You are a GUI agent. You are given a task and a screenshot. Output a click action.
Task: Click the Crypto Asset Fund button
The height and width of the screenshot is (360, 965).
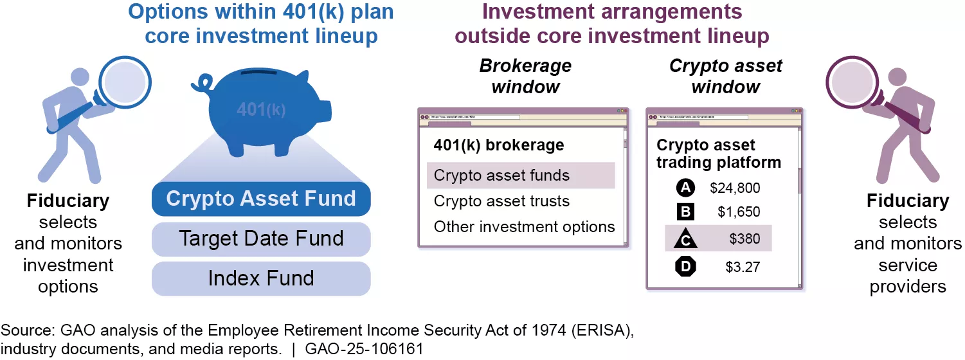coord(261,199)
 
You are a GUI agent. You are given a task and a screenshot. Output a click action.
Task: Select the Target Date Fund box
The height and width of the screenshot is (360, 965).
coord(261,239)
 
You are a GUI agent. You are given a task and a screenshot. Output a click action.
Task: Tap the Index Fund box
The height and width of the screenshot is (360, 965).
coord(261,278)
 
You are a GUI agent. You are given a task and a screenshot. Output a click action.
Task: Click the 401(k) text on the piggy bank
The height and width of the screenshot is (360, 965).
coord(261,110)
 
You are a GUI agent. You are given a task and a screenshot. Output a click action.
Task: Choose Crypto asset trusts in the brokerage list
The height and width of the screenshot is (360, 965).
coord(501,201)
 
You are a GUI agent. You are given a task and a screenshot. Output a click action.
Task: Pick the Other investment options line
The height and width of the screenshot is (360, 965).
coord(524,227)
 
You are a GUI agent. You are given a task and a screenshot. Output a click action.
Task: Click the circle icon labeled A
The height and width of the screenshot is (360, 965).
coord(686,188)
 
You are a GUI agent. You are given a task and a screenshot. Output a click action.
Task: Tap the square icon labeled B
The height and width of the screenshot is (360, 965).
coord(686,212)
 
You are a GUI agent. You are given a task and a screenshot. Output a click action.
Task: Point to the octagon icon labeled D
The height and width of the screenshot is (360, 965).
coord(686,265)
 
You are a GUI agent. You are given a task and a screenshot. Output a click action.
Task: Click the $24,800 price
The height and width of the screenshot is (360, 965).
coord(735,188)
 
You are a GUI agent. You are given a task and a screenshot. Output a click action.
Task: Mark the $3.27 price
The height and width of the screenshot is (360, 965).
coord(743,266)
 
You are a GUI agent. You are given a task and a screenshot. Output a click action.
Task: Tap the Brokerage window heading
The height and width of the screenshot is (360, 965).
coord(525,76)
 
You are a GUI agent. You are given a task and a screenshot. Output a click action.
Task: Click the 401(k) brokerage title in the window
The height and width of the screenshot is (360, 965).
coord(499,145)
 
